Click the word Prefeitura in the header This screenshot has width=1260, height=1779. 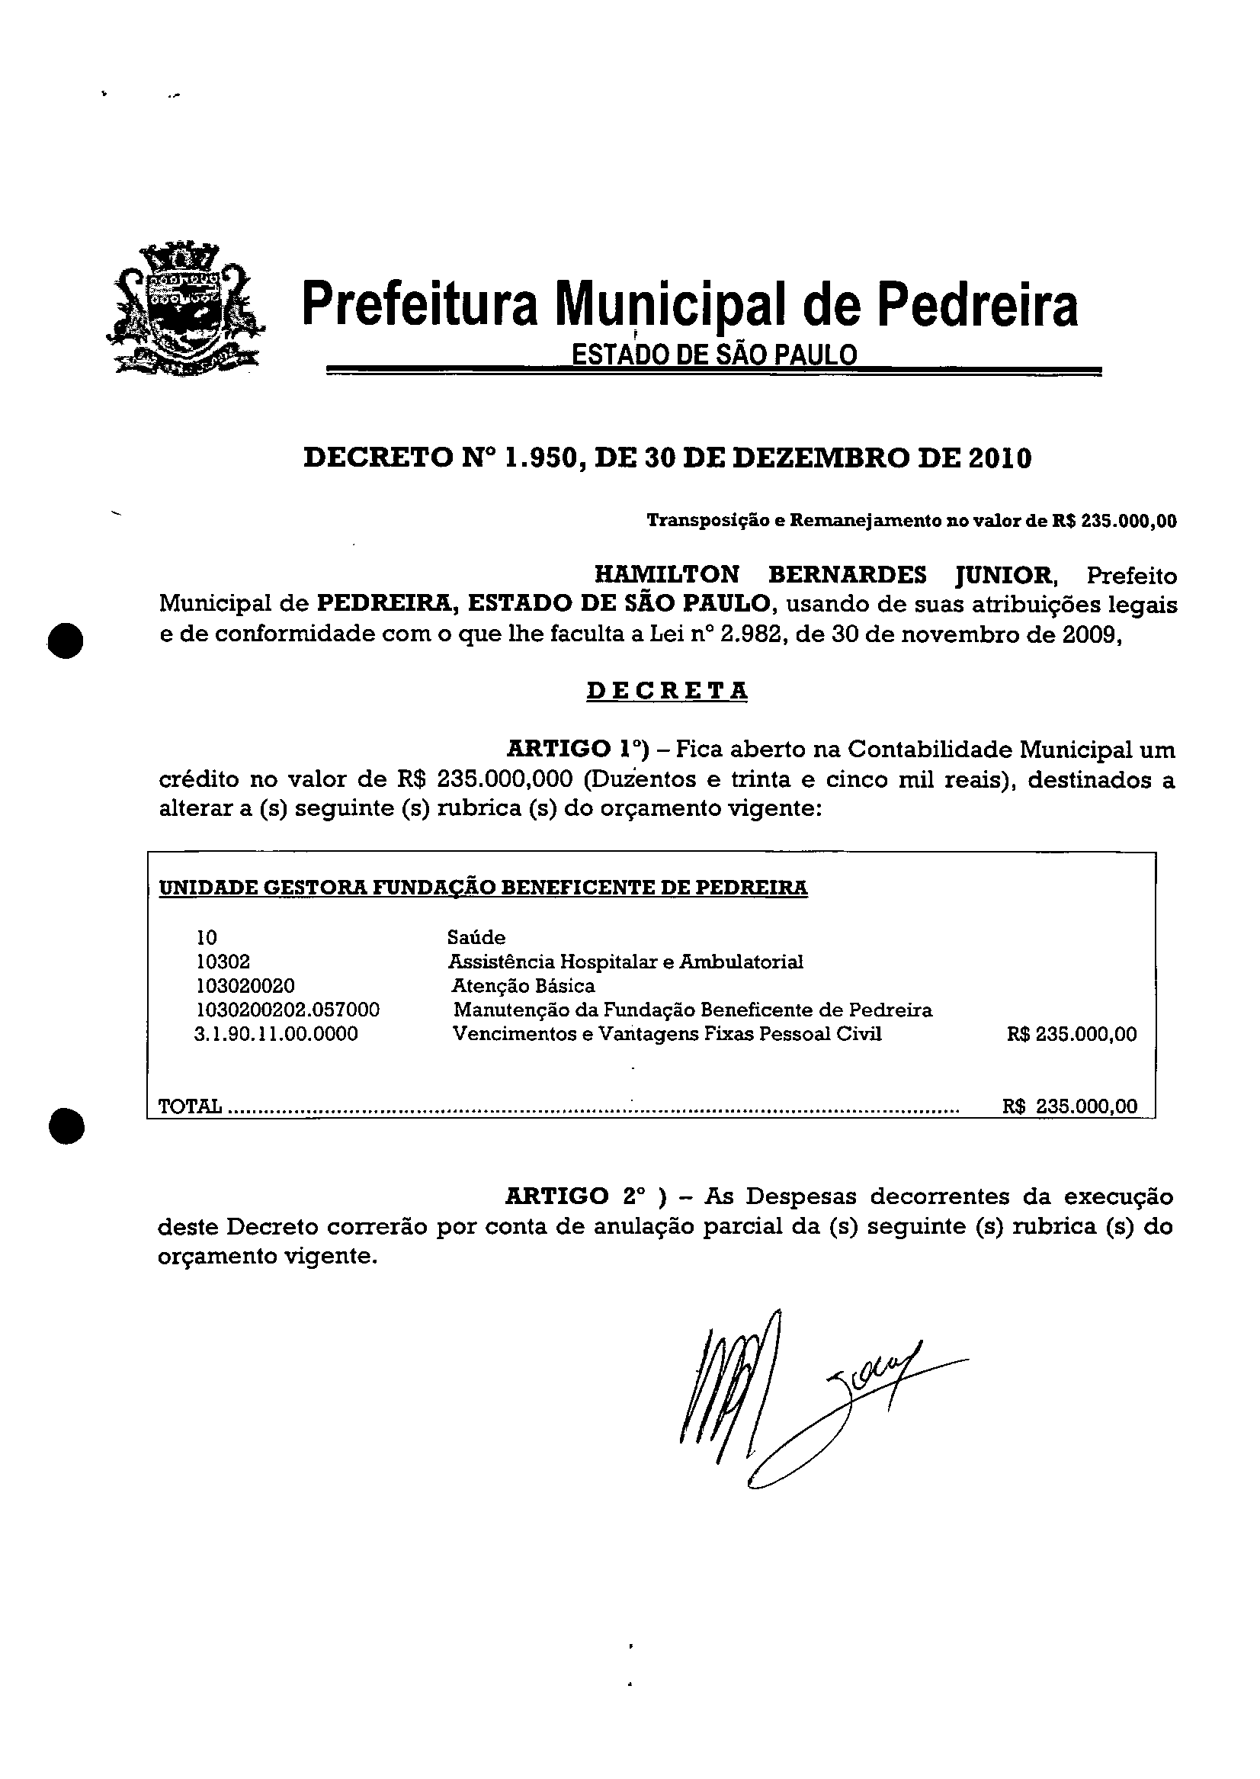coord(419,304)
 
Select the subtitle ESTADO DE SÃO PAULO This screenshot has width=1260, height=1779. coord(713,355)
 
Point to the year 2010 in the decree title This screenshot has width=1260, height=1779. coord(1001,458)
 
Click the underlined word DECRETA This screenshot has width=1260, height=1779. coord(667,690)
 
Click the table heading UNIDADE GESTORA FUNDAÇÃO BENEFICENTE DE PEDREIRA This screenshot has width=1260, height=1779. coord(483,887)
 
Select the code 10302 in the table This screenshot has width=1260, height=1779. coord(223,962)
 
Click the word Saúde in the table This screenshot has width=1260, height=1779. coord(476,938)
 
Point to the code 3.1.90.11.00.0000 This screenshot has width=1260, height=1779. coord(276,1034)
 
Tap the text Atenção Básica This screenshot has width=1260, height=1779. coord(524,987)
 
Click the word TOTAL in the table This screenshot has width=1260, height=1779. coord(190,1106)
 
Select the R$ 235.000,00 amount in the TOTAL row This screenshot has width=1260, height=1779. coord(1070,1106)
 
